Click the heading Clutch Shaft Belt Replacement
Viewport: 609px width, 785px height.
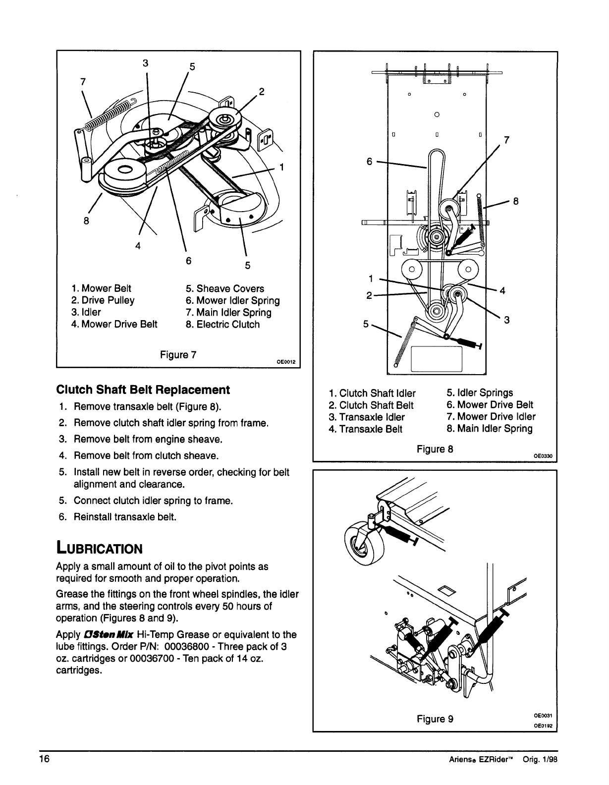[143, 390]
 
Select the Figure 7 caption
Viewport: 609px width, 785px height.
[178, 355]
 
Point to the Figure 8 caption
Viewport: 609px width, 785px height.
[435, 449]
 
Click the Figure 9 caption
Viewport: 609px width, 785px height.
[435, 718]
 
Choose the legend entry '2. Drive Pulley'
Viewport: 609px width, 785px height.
[103, 300]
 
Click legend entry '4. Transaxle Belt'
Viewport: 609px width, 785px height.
[365, 429]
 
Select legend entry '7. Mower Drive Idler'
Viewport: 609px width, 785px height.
[491, 417]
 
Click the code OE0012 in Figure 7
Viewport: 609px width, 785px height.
[286, 362]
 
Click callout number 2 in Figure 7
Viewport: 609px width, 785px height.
[262, 92]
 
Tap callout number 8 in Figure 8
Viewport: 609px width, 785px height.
[515, 201]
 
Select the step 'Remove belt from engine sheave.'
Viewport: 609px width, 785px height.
[148, 439]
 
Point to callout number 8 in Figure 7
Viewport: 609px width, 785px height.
[86, 222]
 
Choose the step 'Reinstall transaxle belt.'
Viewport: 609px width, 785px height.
[125, 517]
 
